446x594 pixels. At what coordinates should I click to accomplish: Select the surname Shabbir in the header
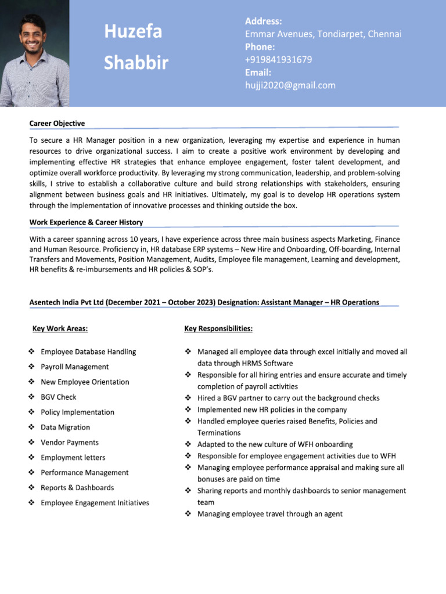pyautogui.click(x=136, y=63)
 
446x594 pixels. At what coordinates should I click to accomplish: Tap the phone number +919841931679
pyautogui.click(x=279, y=60)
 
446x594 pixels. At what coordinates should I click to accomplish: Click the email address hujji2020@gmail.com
pyautogui.click(x=290, y=85)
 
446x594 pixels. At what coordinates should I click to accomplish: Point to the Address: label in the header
pyautogui.click(x=263, y=21)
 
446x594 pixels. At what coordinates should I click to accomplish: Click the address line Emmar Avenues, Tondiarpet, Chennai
pyautogui.click(x=323, y=34)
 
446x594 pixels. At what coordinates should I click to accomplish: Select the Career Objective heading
pyautogui.click(x=57, y=124)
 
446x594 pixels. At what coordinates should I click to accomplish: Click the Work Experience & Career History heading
pyautogui.click(x=86, y=222)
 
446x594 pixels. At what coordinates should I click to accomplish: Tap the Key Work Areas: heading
pyautogui.click(x=60, y=329)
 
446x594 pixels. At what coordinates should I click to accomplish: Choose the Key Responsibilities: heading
pyautogui.click(x=218, y=329)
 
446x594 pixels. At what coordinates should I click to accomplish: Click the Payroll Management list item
pyautogui.click(x=74, y=367)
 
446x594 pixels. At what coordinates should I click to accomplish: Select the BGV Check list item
pyautogui.click(x=59, y=397)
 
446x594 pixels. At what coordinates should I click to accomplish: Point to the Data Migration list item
pyautogui.click(x=65, y=427)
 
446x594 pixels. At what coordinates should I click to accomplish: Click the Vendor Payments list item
pyautogui.click(x=70, y=442)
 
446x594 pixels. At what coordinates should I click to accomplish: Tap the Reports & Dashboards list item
pyautogui.click(x=77, y=487)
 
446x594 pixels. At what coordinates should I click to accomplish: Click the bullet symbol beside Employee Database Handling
pyautogui.click(x=31, y=352)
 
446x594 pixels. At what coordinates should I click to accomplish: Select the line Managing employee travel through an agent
pyautogui.click(x=269, y=513)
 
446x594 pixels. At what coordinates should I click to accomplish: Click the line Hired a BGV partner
pyautogui.click(x=288, y=398)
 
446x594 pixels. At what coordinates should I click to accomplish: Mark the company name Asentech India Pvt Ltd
pyautogui.click(x=67, y=302)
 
